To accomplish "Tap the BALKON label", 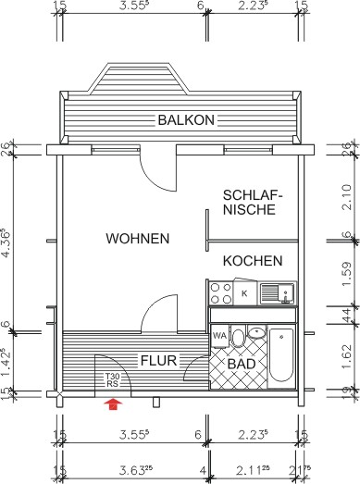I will (186, 120).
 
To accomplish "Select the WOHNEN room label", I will (137, 239).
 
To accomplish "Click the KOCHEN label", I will (252, 262).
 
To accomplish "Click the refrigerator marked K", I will (245, 294).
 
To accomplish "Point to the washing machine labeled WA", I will (220, 336).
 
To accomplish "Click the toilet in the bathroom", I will (238, 339).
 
